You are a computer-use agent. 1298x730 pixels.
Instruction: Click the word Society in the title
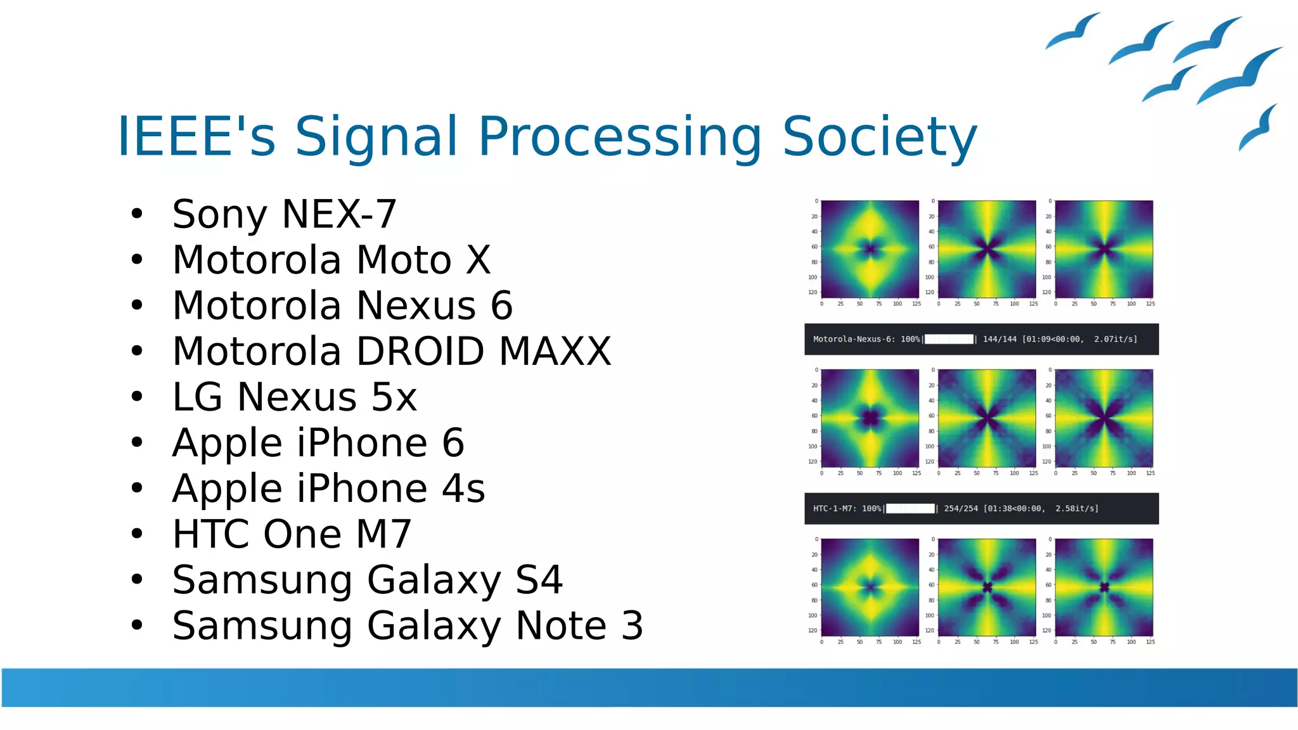point(879,136)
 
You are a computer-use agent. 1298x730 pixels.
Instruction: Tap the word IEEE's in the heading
point(196,136)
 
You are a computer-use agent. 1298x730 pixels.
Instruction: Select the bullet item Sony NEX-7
point(284,214)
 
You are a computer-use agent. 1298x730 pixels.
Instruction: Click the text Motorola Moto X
point(331,260)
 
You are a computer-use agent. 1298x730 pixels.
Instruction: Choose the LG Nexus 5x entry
point(294,397)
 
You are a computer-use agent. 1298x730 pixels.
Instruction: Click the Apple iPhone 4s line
point(328,489)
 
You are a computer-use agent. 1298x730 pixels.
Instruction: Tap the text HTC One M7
point(292,534)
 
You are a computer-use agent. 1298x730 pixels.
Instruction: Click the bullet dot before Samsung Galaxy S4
point(137,579)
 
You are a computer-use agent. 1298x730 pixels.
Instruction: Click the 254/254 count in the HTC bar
point(961,508)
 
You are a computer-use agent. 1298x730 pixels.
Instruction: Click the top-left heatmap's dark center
point(870,249)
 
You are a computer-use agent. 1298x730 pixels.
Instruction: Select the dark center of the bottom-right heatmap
point(1104,587)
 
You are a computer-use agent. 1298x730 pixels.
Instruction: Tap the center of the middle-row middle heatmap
point(987,418)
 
